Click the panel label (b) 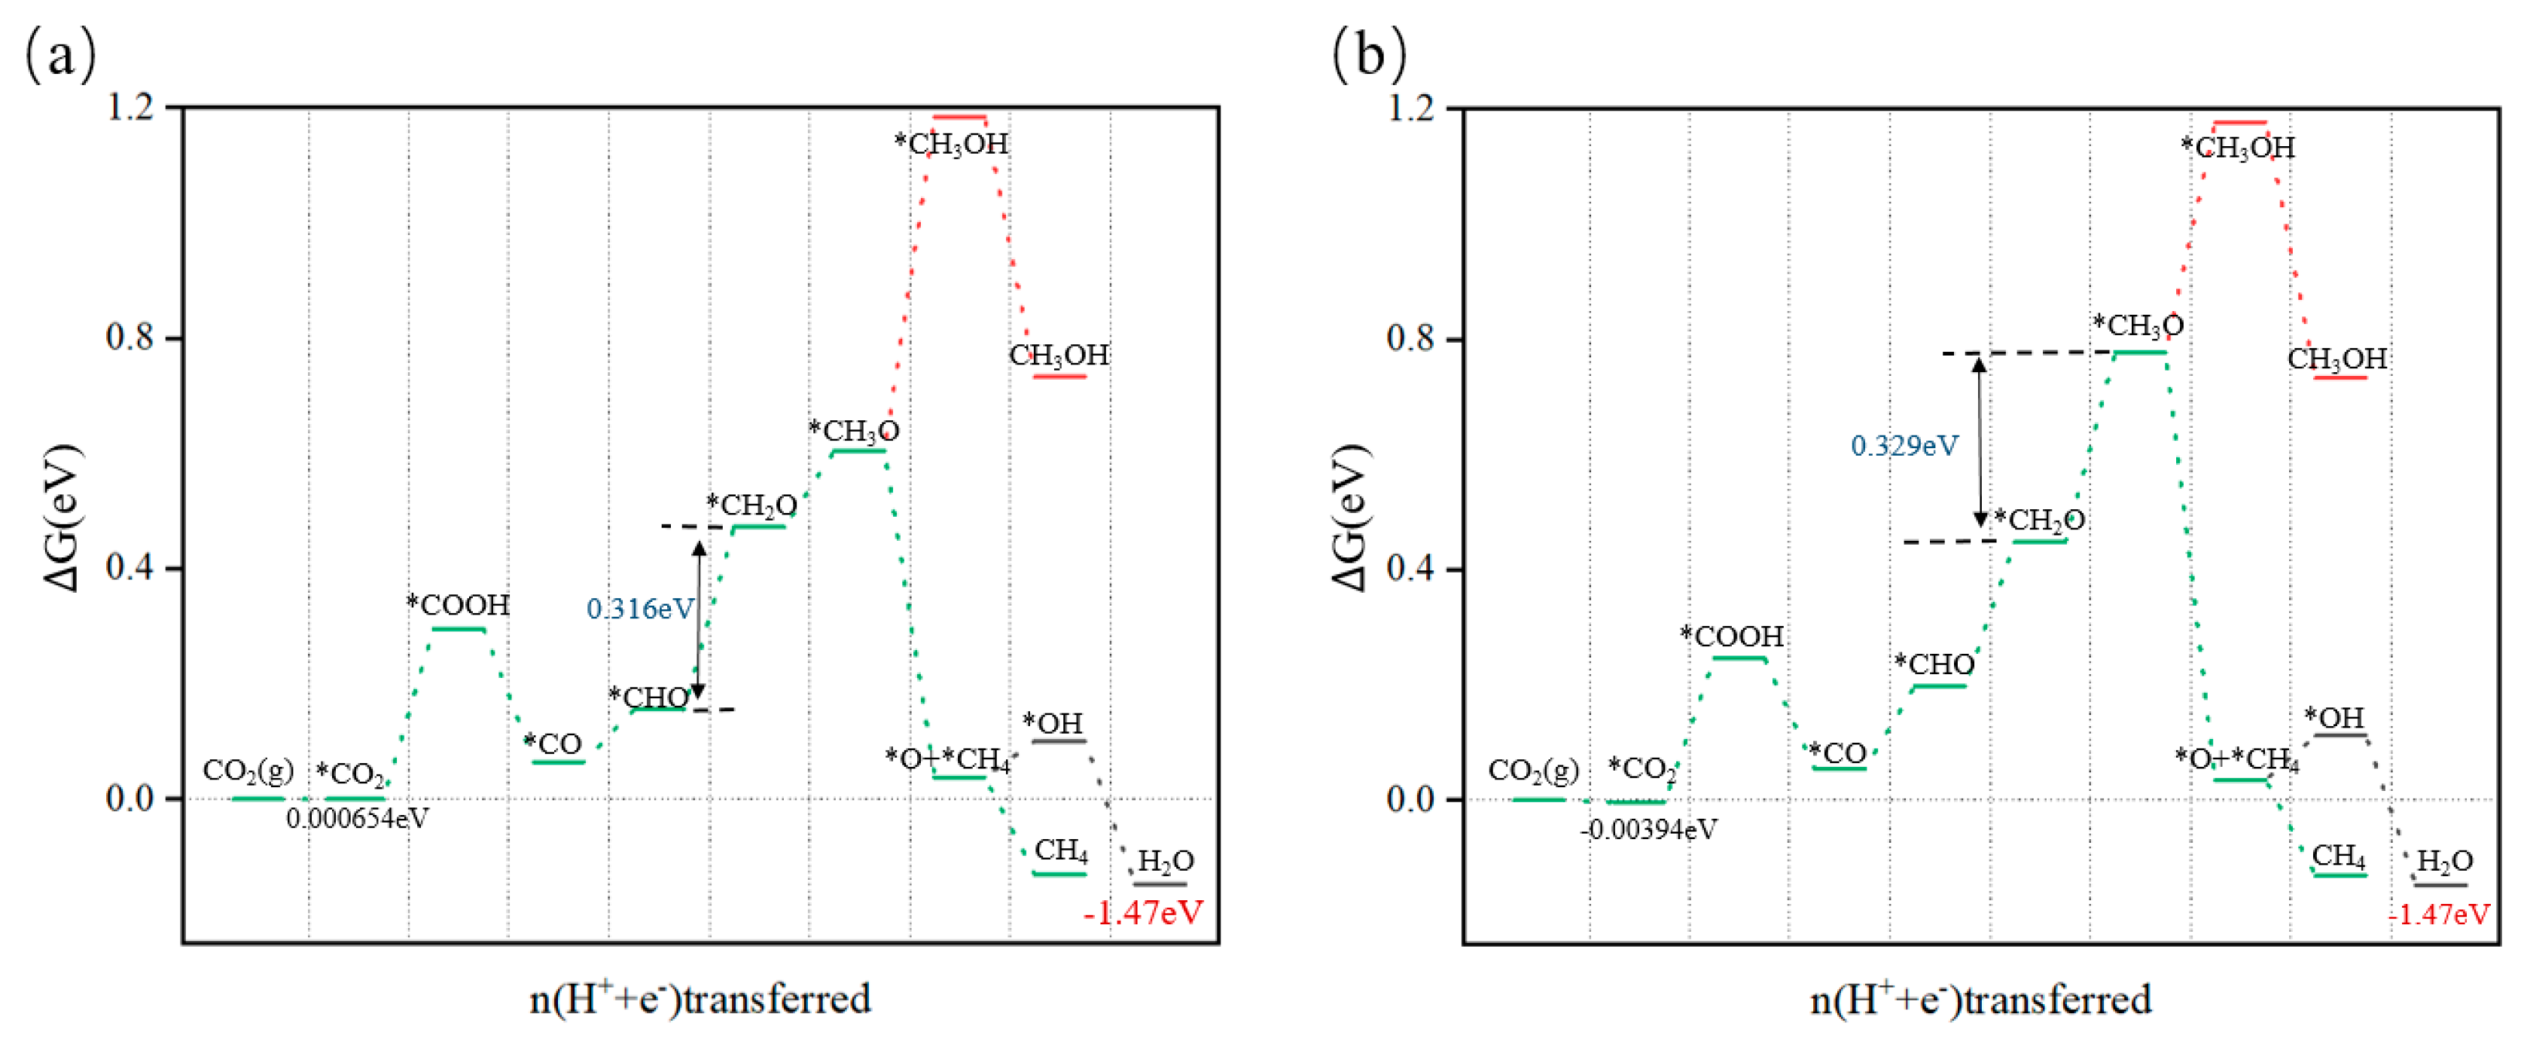(x=1369, y=54)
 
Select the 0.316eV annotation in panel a (x=639, y=609)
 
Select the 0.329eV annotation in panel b (x=1904, y=446)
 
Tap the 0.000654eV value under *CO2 (x=357, y=819)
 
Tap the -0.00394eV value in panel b (x=1648, y=830)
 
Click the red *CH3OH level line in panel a (x=959, y=118)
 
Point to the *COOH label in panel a (x=459, y=605)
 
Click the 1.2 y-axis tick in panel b (x=1409, y=107)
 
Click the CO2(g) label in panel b (x=1533, y=771)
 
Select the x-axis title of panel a (x=700, y=999)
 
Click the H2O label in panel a (x=1165, y=862)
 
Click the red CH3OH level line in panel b (x=2340, y=377)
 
